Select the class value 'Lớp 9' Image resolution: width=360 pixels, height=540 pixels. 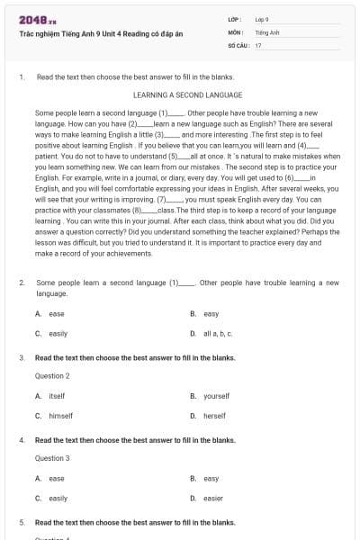(x=263, y=19)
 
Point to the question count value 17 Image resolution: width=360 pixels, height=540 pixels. (x=258, y=44)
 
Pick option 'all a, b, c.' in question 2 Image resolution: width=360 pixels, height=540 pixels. (x=218, y=333)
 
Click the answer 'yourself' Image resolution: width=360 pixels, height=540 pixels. (x=217, y=396)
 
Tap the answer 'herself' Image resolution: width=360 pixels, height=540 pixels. (x=215, y=415)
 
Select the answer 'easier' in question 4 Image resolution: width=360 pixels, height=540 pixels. (x=213, y=498)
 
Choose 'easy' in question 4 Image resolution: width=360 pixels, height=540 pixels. (x=211, y=479)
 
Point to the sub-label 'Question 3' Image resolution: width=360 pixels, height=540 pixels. (x=52, y=458)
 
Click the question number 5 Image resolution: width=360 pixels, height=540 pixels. (x=22, y=522)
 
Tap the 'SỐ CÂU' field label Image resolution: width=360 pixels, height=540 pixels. (x=238, y=44)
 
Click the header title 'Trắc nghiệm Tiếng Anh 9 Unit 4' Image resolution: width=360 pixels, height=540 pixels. (x=89, y=33)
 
